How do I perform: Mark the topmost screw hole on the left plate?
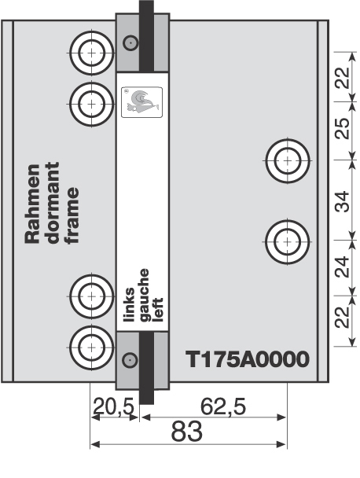pos(91,52)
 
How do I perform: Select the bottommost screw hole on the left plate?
pos(91,345)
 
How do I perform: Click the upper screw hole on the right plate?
pos(287,160)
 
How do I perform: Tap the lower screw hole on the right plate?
pos(287,240)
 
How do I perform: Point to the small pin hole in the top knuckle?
pos(130,43)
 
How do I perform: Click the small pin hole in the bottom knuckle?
pos(130,359)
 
